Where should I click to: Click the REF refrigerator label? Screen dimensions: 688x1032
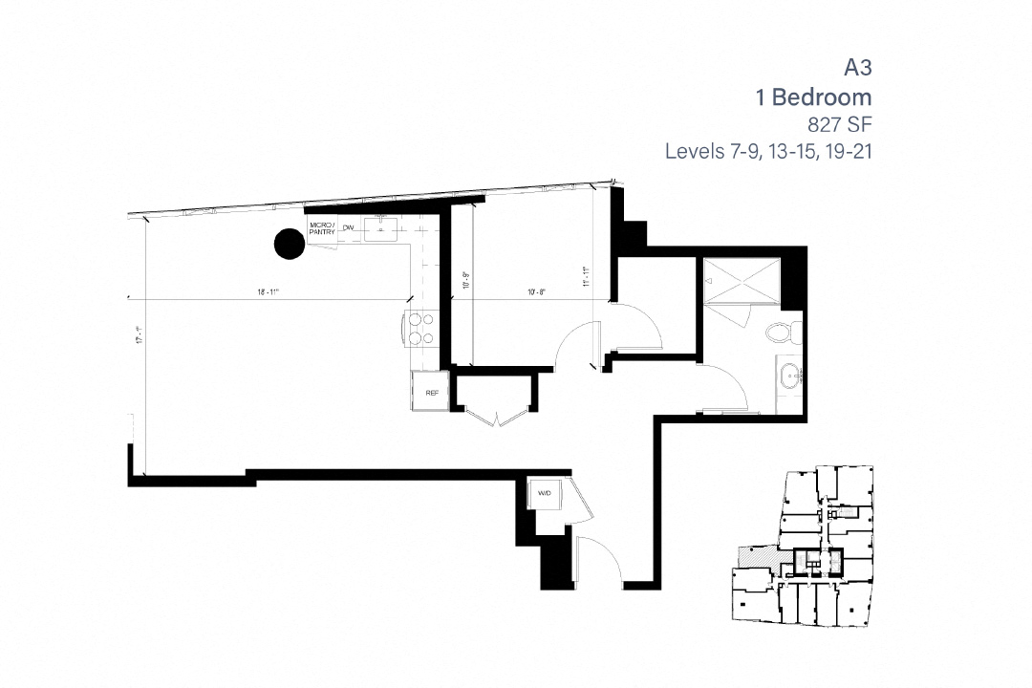[430, 391]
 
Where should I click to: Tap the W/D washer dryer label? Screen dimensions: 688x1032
[544, 493]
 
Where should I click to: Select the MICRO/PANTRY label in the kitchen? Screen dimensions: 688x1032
[322, 227]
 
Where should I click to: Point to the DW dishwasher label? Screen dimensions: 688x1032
[349, 227]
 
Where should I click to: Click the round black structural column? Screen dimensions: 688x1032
[290, 245]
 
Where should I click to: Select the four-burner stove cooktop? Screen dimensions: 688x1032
[421, 330]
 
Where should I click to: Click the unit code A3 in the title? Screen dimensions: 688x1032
[857, 68]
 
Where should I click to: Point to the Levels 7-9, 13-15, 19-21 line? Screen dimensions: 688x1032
[769, 152]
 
